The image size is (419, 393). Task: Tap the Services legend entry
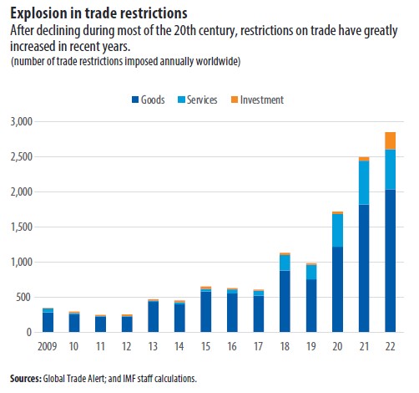point(202,100)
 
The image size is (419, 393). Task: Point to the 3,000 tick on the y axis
point(19,122)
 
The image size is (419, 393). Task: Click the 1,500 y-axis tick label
point(19,227)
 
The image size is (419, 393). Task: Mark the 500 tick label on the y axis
point(23,298)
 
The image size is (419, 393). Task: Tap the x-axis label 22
point(390,345)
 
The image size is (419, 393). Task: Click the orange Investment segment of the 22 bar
point(390,140)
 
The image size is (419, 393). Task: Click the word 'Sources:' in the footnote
point(26,379)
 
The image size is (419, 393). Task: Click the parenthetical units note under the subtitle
point(125,64)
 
